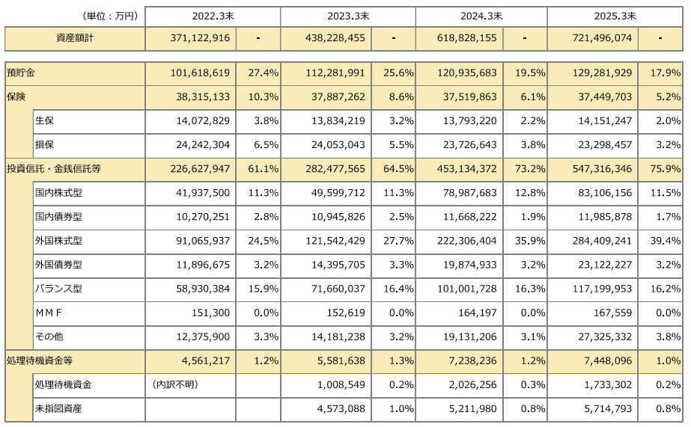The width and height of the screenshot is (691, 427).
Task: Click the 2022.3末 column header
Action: pyautogui.click(x=213, y=15)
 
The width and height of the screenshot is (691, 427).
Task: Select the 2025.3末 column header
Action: pyautogui.click(x=615, y=15)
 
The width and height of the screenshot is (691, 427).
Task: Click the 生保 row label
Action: pyautogui.click(x=44, y=120)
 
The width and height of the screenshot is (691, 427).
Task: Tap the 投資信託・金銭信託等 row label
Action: pyautogui.click(x=53, y=169)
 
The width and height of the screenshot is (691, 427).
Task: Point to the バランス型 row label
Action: pyautogui.click(x=58, y=289)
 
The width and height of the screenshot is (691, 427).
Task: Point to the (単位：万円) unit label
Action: pyautogui.click(x=109, y=15)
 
